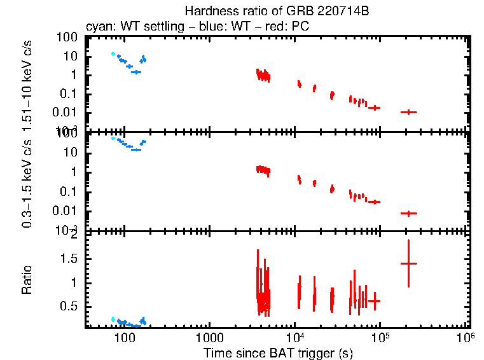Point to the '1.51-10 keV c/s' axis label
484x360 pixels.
[27, 83]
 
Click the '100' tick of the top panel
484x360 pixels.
[67, 38]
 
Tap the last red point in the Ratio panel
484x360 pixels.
[408, 263]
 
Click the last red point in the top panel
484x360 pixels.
[408, 112]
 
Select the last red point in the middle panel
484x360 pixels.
[408, 213]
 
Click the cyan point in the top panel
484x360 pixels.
[113, 54]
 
